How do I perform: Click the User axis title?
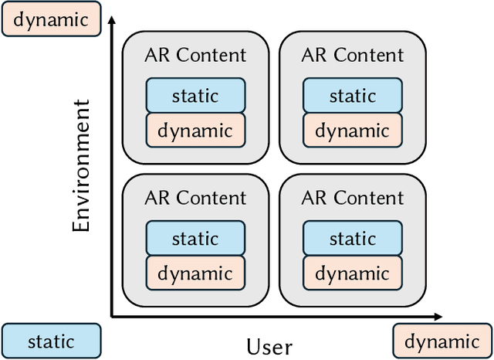(x=269, y=346)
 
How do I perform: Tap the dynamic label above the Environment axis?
(x=51, y=19)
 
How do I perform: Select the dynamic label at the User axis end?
(x=442, y=341)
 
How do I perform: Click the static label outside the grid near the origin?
(x=51, y=341)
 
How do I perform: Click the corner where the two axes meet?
(x=113, y=316)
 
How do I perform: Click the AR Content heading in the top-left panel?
(x=195, y=55)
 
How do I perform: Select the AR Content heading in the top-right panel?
(x=352, y=55)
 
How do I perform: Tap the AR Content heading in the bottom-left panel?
(x=195, y=198)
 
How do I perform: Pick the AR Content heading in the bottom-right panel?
(x=352, y=198)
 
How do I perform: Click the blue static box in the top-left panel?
(x=195, y=96)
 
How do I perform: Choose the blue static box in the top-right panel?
(x=352, y=96)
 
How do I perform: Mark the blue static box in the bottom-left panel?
(x=195, y=239)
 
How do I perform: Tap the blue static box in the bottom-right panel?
(x=352, y=239)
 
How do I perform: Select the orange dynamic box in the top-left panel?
(x=195, y=130)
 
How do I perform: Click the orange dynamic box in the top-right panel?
(x=352, y=130)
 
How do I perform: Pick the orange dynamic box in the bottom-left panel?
(x=195, y=273)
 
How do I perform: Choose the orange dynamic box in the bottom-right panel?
(x=352, y=273)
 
